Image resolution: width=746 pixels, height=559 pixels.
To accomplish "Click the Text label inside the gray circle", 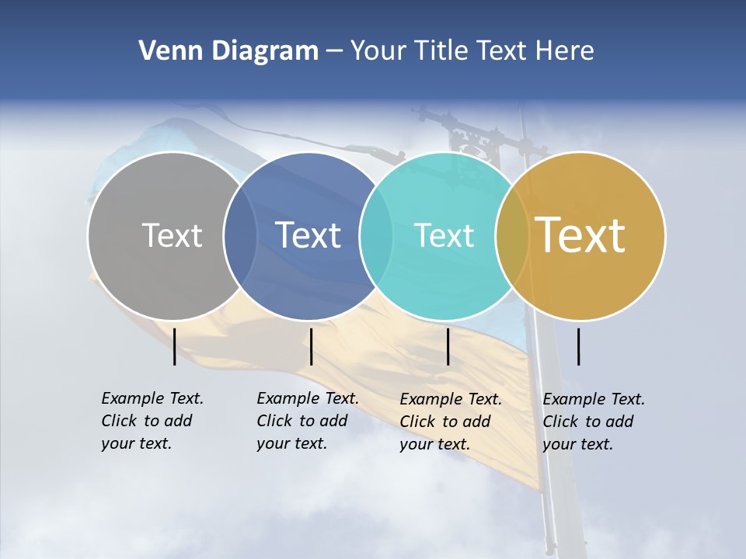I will point(172,235).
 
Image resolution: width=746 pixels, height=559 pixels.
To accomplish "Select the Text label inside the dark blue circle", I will point(309,235).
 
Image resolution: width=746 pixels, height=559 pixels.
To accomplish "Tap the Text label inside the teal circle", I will point(444,235).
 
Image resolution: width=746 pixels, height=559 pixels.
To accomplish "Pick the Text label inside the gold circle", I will point(580,235).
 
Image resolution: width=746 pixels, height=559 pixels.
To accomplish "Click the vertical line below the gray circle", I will point(174,346).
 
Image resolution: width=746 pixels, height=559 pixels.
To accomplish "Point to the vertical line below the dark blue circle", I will point(311,346).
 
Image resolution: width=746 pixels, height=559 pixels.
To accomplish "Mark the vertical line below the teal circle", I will point(448,346).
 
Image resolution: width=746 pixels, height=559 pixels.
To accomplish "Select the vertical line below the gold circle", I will point(579,346).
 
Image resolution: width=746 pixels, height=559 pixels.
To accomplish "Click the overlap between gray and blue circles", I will point(240,235).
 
